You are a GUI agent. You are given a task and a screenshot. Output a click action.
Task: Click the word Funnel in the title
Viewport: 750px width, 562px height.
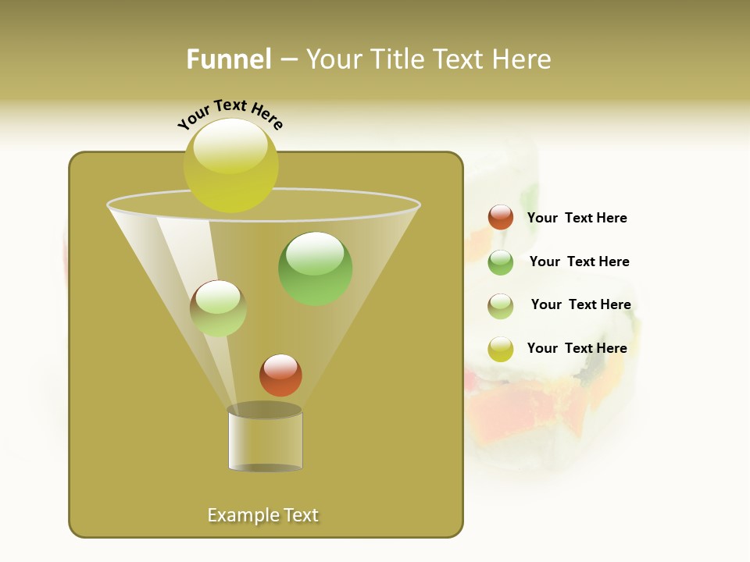pos(229,59)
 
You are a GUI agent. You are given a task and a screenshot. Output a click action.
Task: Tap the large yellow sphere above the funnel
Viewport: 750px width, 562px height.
pos(230,165)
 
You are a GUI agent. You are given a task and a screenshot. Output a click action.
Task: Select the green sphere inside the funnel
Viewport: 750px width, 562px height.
pos(315,269)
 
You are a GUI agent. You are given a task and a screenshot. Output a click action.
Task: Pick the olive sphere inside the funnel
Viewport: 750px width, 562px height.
pos(218,308)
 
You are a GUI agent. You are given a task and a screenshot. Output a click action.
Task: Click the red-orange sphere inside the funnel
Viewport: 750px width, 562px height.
pos(280,375)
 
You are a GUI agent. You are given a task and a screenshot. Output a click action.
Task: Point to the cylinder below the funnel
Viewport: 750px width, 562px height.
pos(265,441)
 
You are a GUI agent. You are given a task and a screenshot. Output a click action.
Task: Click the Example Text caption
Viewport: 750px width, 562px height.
pos(263,515)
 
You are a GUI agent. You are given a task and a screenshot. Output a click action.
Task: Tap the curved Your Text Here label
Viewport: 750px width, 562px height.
pos(230,114)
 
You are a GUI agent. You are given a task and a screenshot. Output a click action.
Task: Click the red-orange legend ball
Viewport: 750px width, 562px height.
pos(501,217)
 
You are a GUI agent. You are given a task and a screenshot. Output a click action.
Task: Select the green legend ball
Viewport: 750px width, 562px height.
pos(501,262)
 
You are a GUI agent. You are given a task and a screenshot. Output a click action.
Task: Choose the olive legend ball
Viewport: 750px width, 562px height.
pos(501,306)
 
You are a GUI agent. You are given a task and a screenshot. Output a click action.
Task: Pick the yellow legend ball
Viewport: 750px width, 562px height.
pos(501,349)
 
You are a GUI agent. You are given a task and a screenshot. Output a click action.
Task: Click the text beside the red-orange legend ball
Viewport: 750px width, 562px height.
pos(577,218)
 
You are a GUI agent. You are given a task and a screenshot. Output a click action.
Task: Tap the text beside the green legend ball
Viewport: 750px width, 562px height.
pos(579,261)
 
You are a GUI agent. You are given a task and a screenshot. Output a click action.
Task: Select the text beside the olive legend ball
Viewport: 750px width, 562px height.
pos(580,304)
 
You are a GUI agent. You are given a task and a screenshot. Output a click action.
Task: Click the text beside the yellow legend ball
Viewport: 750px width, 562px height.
pos(577,348)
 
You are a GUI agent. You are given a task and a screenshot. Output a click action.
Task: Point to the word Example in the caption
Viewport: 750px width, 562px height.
pos(241,515)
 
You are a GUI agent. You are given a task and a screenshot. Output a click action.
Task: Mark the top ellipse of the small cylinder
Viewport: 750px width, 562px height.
pos(264,410)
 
